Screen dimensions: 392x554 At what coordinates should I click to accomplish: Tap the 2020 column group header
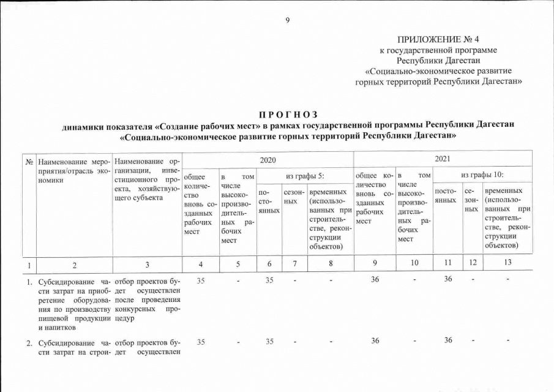click(x=268, y=159)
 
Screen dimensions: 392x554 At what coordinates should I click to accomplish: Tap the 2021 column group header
click(x=443, y=159)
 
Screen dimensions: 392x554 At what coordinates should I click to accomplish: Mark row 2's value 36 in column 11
click(x=449, y=341)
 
